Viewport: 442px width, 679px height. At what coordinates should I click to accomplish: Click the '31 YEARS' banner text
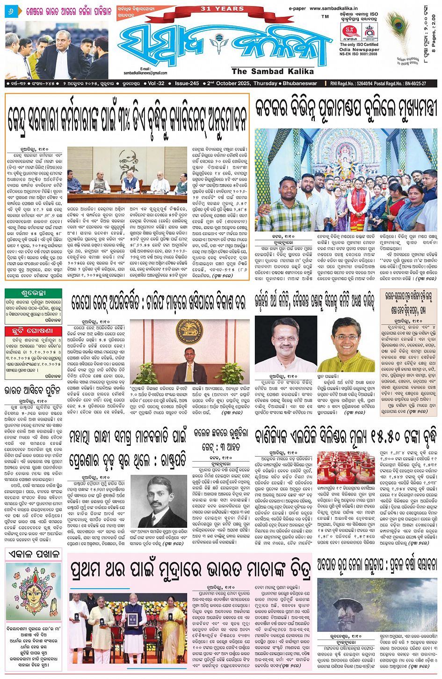tap(223, 8)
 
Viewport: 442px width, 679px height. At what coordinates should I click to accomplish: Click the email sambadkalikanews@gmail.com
tap(145, 73)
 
